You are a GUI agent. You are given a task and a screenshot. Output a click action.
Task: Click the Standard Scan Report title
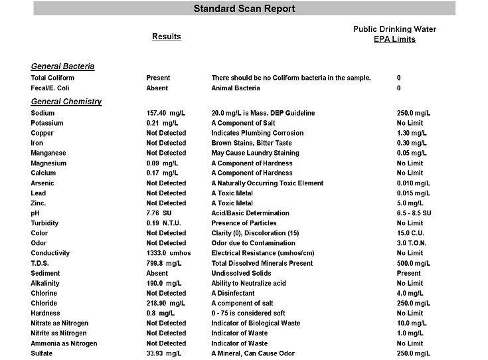tap(244, 9)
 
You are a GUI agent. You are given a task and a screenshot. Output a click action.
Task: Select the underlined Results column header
tap(167, 37)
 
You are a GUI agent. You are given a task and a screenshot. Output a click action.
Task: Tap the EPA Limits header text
tap(394, 39)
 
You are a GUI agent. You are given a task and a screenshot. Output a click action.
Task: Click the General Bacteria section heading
tap(62, 66)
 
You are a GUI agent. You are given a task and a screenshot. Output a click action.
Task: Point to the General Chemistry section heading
tap(66, 102)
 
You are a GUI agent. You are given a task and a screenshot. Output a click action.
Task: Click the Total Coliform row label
tap(52, 78)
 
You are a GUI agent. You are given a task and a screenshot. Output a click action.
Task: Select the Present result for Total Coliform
tap(158, 78)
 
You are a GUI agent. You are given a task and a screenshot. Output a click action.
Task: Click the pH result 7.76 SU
tap(161, 213)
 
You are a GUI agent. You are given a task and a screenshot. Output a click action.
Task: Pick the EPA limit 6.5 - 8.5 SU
tap(414, 213)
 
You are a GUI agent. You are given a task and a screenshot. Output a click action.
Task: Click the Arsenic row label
tap(42, 183)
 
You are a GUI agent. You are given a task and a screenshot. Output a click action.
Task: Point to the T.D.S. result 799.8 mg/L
tap(164, 263)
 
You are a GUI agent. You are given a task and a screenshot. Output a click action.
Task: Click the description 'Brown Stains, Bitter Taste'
tap(252, 143)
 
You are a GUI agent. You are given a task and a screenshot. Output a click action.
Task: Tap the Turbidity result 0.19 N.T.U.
tap(163, 223)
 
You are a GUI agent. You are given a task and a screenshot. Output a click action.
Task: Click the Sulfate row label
tap(42, 353)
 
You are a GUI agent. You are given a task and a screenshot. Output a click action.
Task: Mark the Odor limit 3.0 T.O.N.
tap(412, 243)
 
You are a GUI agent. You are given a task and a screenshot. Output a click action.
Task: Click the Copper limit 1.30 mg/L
tap(411, 133)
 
